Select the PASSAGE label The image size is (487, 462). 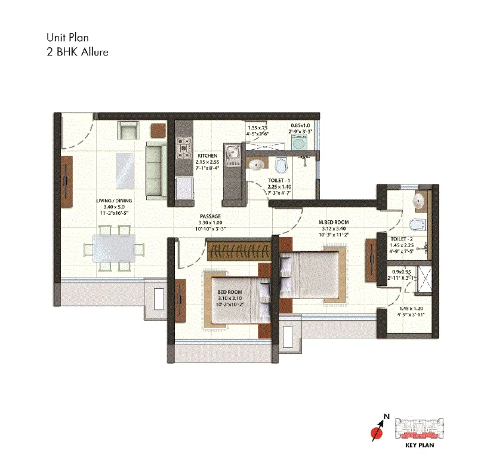[210, 216]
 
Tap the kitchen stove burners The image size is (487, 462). [183, 147]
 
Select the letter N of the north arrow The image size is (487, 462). [386, 416]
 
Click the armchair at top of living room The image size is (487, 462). [128, 130]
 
